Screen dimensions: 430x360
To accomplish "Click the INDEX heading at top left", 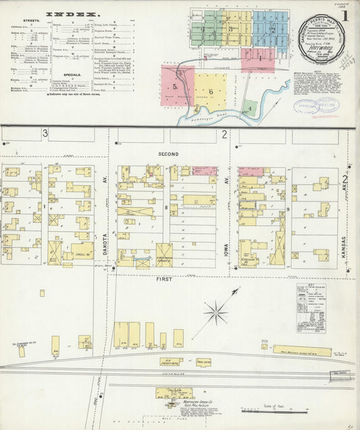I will [74, 14].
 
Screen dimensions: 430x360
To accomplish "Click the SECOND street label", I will [169, 155].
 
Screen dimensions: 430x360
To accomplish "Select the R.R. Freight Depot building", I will [171, 362].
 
